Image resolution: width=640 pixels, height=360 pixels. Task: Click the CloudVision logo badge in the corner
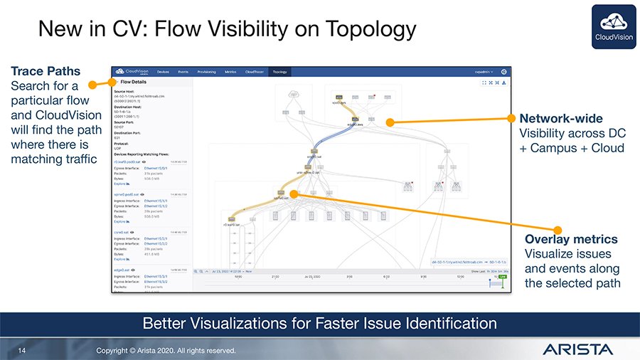pos(612,27)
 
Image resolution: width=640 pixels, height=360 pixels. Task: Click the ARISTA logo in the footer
pos(577,349)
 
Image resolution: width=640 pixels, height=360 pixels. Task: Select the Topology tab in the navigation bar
pos(279,72)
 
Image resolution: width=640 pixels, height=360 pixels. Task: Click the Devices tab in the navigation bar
pos(163,72)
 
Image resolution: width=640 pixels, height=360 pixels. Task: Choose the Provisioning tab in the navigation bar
pos(206,72)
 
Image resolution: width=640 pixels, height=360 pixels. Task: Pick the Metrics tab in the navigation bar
pos(230,72)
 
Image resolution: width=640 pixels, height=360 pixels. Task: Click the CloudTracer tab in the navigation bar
pos(254,72)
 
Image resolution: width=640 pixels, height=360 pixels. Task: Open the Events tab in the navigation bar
pos(183,72)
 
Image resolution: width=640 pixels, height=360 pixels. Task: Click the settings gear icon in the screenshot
pos(504,72)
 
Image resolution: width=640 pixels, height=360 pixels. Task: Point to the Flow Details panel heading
pos(134,82)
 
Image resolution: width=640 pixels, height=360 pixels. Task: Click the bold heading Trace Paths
pos(46,71)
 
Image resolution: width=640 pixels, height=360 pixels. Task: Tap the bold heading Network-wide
pos(561,118)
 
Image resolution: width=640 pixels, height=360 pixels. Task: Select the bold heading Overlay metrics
pos(571,239)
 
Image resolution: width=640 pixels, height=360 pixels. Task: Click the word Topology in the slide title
pos(370,29)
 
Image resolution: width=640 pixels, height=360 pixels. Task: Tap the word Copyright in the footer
pos(117,350)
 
